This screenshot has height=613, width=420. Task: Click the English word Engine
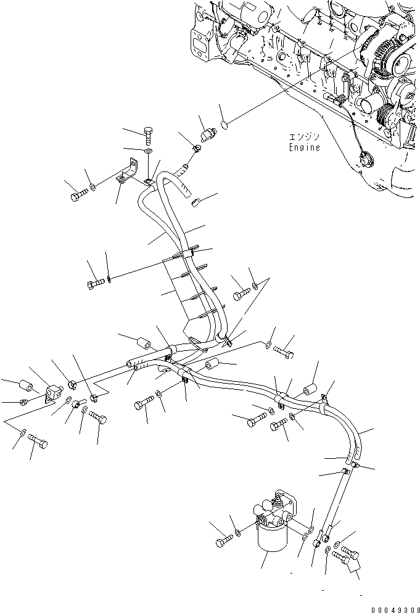(x=304, y=147)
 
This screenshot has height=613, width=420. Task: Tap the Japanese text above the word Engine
(x=304, y=138)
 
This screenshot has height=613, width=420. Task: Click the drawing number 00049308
(x=395, y=609)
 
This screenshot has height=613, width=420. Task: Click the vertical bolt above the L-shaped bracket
(x=148, y=136)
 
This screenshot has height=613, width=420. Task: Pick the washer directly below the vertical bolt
(x=149, y=151)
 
